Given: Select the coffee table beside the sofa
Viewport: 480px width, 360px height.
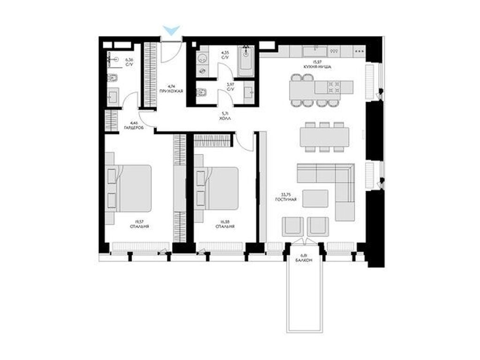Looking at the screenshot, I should pos(315,198).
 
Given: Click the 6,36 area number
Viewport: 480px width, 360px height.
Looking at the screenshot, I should pos(129,60).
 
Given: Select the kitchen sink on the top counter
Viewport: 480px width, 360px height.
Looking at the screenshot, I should pos(311,51).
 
